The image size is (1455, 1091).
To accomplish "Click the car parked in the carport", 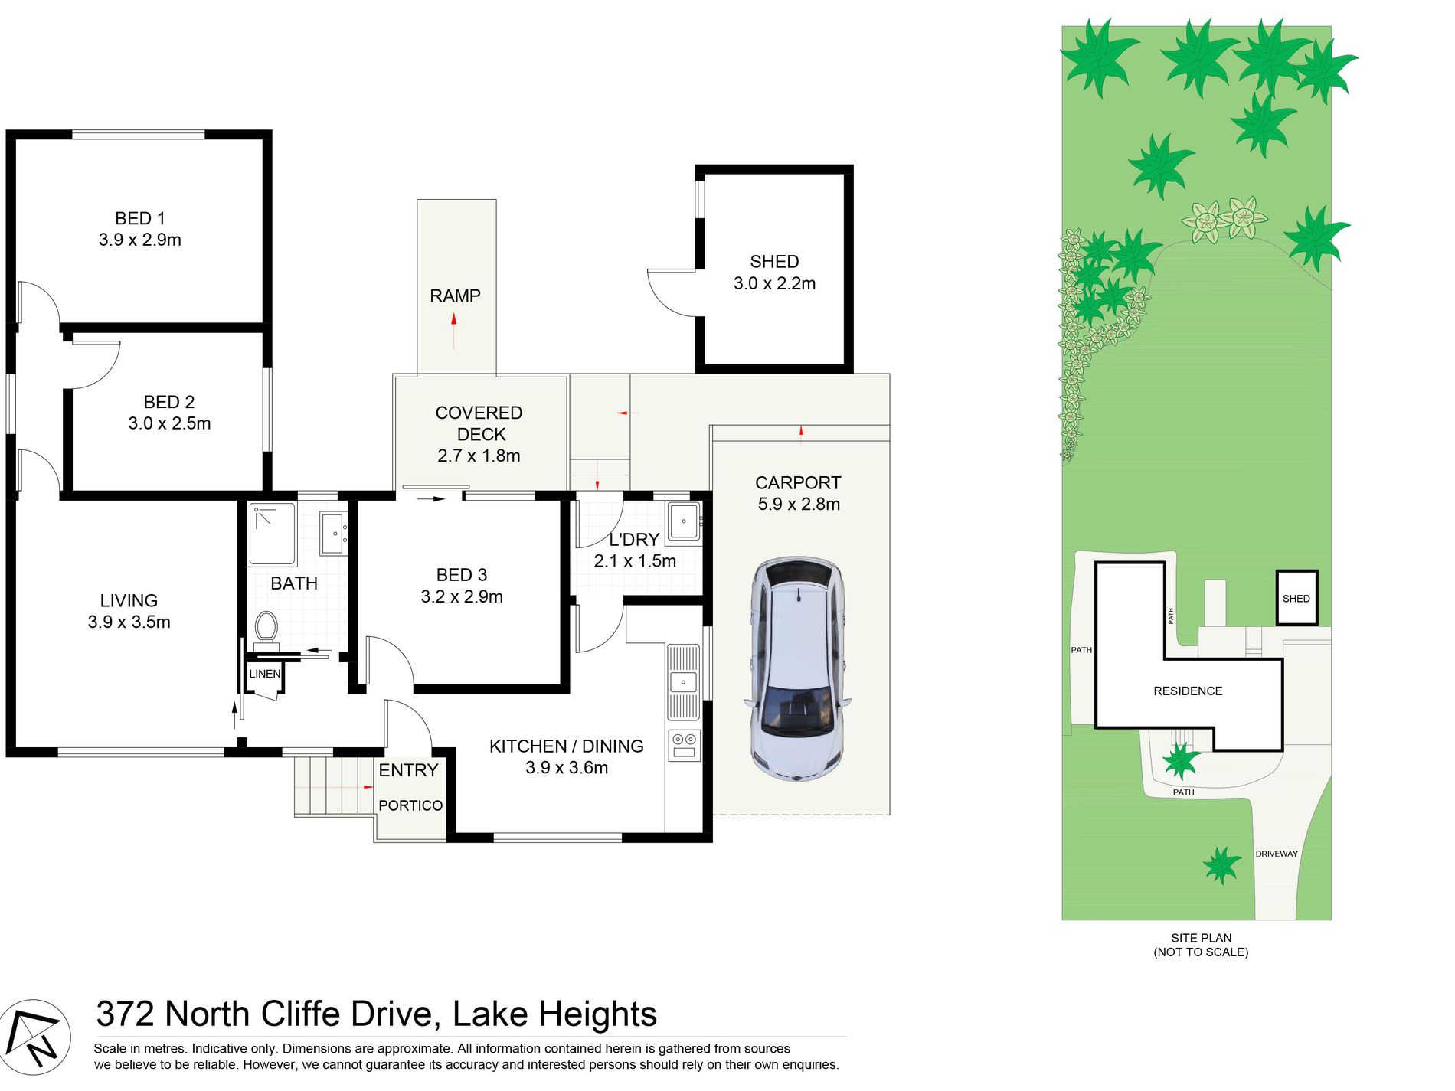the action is tap(797, 669).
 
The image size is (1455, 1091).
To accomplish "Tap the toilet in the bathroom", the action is tap(266, 629).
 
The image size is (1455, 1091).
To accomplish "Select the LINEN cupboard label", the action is tap(265, 674).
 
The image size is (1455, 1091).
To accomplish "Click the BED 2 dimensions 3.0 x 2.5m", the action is tap(169, 423).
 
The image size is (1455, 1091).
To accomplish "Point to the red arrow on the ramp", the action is tap(454, 331).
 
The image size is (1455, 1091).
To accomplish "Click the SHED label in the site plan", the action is tap(1296, 599).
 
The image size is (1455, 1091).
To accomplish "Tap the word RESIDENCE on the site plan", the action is tap(1188, 691).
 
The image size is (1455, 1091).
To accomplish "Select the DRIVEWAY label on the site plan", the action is tap(1277, 854).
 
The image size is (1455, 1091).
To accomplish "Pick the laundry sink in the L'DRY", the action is tap(684, 521).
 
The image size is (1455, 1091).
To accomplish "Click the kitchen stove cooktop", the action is tap(684, 745).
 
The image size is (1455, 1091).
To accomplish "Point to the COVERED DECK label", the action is tap(479, 423).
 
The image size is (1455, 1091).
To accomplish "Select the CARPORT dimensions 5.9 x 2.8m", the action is tap(799, 505).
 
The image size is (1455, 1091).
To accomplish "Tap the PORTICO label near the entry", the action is tap(410, 805).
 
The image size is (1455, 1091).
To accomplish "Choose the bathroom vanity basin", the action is tap(334, 533).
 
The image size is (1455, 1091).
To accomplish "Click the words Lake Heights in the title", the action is tap(554, 1014).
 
